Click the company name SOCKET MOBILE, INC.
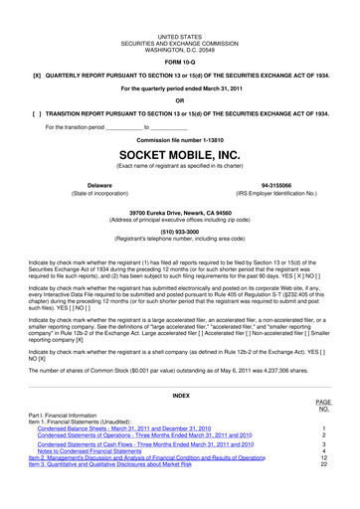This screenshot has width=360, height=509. coord(179,157)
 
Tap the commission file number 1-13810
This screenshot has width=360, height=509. coord(179,140)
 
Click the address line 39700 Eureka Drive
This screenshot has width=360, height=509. coord(179,212)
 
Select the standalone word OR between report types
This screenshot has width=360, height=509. coord(179,99)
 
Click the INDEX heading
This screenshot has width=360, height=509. coord(179,395)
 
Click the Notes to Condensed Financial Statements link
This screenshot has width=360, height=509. coord(107,454)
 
